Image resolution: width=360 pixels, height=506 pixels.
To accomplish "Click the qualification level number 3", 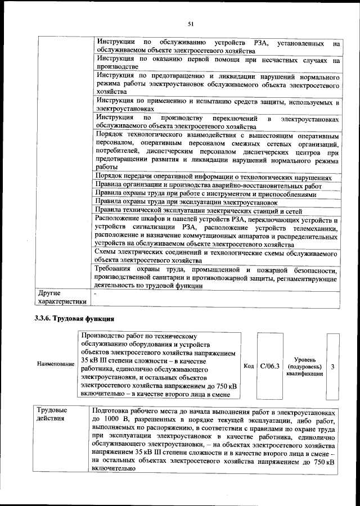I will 333,367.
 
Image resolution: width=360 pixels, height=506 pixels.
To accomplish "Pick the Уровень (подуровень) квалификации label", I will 304,367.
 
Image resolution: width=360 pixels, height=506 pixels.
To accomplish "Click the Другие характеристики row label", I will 61,297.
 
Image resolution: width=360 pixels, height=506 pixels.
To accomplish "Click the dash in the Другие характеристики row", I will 96,293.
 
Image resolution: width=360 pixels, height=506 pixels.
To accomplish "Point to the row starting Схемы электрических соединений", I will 217,257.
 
